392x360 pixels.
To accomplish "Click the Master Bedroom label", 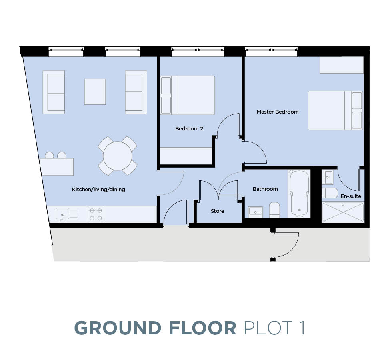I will pos(278,112).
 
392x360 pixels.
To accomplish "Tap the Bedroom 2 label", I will pos(189,129).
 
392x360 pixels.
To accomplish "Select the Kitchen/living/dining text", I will pos(98,189).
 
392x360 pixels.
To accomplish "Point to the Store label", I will pos(218,211).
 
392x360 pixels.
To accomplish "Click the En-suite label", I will pos(351,196).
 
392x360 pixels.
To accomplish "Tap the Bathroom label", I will pos(265,189).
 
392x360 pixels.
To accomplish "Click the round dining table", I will pos(118,156).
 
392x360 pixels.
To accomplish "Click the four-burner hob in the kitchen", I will pos(96,214).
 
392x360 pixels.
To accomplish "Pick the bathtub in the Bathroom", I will pos(299,193).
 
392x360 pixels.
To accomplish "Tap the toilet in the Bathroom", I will pos(274,210).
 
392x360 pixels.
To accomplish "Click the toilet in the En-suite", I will pos(330,193).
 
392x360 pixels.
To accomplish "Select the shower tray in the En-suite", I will pos(343,212).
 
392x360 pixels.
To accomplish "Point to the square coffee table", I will pos(95,92).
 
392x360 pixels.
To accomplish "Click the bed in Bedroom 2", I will pos(187,95).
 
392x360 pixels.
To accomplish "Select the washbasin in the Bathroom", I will pos(255,211).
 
